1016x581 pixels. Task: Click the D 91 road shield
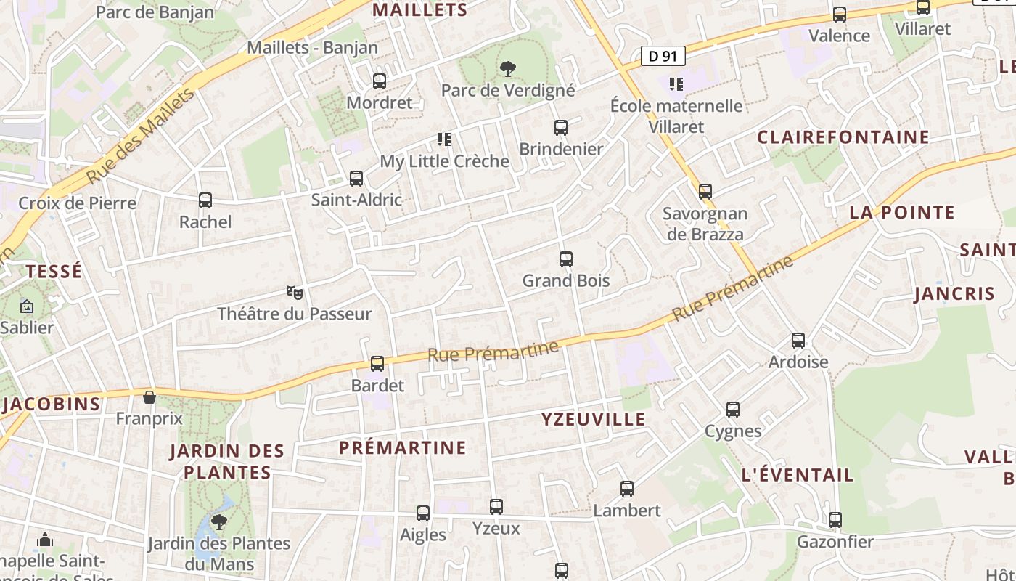point(663,56)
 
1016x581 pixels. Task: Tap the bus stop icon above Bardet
point(377,364)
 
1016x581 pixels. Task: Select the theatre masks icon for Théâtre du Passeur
point(294,293)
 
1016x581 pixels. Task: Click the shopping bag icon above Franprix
point(149,397)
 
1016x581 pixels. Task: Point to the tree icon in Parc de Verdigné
point(508,69)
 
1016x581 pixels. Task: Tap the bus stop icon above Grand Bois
point(566,259)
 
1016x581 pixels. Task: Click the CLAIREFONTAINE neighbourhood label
point(843,137)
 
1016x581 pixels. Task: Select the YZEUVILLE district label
point(593,419)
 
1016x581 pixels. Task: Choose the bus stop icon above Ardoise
point(798,340)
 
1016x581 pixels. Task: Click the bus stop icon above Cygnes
point(733,410)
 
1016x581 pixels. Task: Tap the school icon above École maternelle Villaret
point(676,84)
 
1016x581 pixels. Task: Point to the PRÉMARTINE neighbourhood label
point(402,447)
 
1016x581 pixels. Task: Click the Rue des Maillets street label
point(141,136)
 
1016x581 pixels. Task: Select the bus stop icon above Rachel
point(205,200)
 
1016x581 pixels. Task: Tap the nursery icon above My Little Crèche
point(444,139)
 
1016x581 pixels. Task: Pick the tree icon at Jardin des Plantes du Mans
point(218,521)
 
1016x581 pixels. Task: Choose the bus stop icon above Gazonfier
point(835,520)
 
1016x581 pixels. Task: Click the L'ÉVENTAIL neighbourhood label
point(798,475)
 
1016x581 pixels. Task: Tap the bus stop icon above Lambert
point(627,489)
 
